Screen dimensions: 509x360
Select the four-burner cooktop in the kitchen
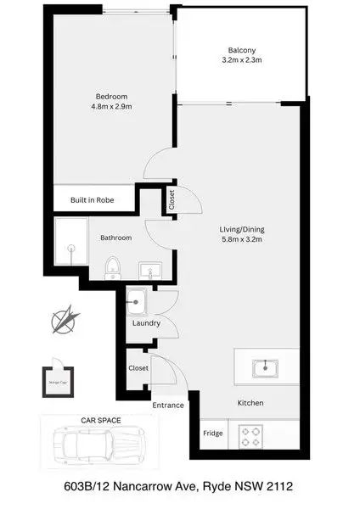point(253,436)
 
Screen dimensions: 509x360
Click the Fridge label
point(212,434)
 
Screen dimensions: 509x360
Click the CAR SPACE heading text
point(101,420)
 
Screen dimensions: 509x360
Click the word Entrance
point(168,405)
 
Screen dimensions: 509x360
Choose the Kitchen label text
point(250,402)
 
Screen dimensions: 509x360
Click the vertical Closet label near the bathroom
point(172,199)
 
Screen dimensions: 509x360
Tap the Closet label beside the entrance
point(138,368)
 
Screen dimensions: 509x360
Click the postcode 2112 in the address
point(279,489)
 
